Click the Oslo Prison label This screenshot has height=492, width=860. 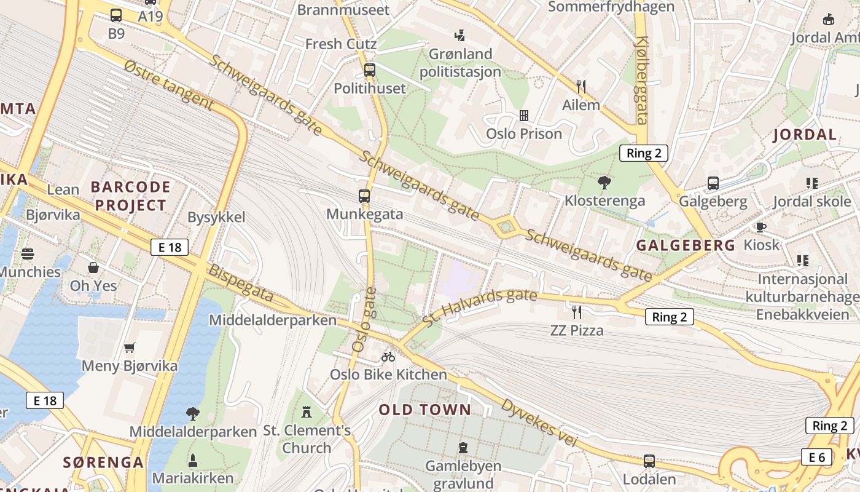pos(524,133)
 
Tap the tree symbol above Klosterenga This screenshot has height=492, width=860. pos(604,182)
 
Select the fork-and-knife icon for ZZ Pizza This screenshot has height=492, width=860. pos(576,312)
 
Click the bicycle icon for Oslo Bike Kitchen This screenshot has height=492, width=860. pos(388,356)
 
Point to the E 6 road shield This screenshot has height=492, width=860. pos(816,457)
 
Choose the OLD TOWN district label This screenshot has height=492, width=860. pos(425,410)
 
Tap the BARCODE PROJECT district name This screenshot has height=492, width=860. pos(130,196)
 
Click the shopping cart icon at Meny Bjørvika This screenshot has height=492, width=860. pos(130,348)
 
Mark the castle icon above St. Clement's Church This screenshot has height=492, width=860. pos(307,411)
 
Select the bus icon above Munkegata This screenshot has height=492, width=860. pos(364,196)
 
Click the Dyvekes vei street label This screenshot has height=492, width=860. pos(540,423)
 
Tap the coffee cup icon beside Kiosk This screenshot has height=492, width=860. pos(761,227)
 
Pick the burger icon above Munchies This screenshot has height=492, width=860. pos(27,253)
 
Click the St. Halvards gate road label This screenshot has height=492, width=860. pos(480,308)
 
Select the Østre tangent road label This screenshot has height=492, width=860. pos(168,85)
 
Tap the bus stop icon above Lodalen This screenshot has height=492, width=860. pos(649,461)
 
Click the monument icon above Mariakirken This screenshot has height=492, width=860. pos(193,460)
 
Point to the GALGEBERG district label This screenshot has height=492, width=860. pos(686,245)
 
